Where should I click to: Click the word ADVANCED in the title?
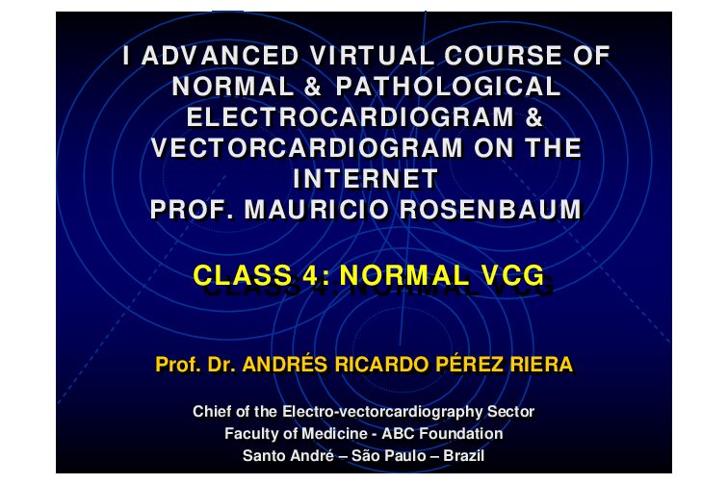220,56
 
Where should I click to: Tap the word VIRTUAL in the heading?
372,56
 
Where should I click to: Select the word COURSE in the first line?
504,56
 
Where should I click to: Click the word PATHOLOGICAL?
448,87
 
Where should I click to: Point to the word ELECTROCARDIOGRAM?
351,117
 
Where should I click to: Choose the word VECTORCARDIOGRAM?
307,148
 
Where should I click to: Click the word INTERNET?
365,179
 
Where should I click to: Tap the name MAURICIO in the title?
317,210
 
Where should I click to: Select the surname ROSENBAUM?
490,210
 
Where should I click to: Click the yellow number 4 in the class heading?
310,275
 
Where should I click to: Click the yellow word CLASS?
243,275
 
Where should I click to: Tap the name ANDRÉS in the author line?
285,365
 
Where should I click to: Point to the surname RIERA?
542,365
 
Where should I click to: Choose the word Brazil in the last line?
464,455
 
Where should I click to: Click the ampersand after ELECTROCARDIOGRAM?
534,117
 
